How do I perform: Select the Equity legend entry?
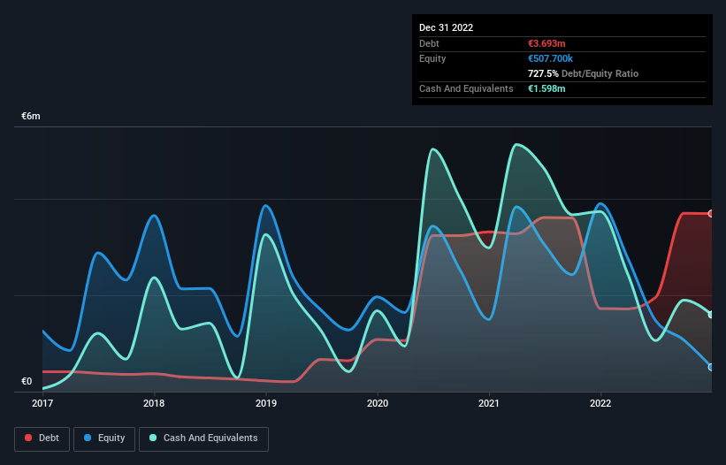coord(104,438)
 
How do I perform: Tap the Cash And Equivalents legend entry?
coord(203,438)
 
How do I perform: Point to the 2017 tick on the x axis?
coord(42,404)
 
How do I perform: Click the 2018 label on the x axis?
coord(154,404)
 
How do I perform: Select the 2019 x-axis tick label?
coord(265,404)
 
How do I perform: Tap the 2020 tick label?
coord(378,404)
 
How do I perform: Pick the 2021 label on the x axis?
coord(489,404)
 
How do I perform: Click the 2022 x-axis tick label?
coord(600,404)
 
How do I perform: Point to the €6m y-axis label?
coord(31,117)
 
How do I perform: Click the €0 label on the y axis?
coord(27,382)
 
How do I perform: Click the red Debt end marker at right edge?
coord(710,214)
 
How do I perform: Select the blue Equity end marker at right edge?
coord(710,367)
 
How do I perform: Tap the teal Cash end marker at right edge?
coord(710,315)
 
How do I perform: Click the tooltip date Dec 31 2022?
coord(447,27)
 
